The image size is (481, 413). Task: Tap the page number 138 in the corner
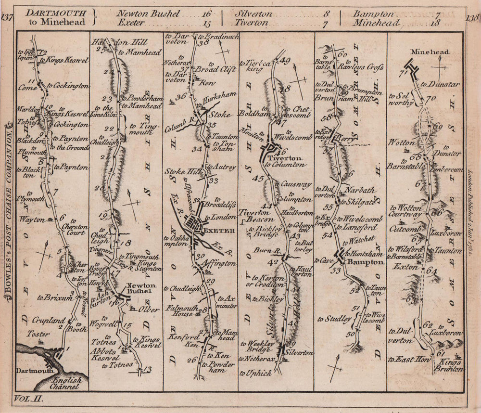coord(473,18)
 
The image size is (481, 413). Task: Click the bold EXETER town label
coord(219,231)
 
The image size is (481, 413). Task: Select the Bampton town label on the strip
coord(368,262)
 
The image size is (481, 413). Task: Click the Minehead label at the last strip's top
coord(430,52)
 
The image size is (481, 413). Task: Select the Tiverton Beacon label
coord(257,216)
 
